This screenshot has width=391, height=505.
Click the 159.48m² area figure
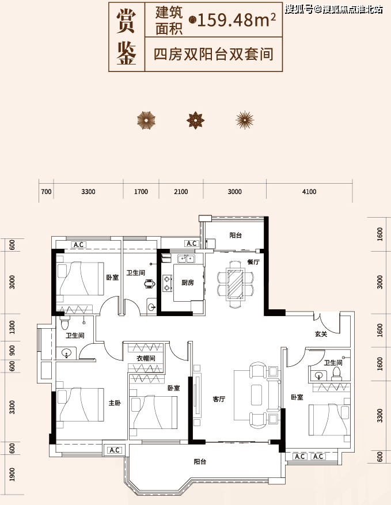tap(237, 20)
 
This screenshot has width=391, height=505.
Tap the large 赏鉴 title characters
tap(126, 36)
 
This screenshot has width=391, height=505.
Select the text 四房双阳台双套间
tap(214, 54)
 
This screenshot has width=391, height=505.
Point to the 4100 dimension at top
tap(309, 192)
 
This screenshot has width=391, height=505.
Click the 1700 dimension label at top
tap(141, 192)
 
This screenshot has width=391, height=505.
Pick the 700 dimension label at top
tap(46, 192)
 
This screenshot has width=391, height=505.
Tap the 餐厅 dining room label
tap(253, 262)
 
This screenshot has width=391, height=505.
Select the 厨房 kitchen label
tap(188, 283)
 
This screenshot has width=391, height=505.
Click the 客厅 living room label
tap(219, 399)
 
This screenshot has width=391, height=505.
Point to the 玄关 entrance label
tap(321, 335)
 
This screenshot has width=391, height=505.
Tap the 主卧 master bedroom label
tap(115, 403)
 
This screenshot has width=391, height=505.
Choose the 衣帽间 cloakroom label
tap(146, 358)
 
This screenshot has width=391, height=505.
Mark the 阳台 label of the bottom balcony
tap(200, 461)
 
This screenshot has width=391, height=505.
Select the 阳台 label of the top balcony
tap(236, 236)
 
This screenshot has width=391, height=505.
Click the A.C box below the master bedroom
tap(115, 450)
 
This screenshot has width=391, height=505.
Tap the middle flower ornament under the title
tap(196, 120)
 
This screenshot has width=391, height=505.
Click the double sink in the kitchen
tap(185, 258)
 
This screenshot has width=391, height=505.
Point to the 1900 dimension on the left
tap(12, 474)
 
